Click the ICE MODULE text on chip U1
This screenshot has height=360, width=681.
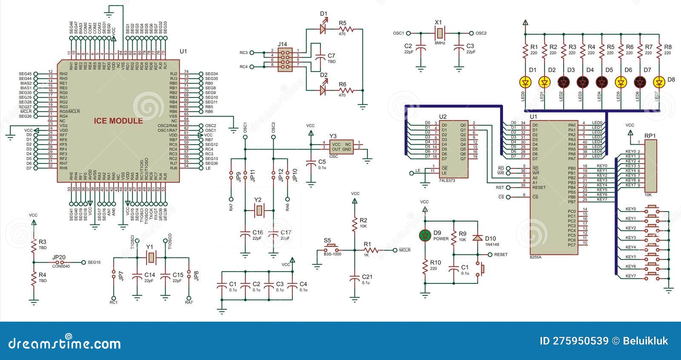click(x=118, y=121)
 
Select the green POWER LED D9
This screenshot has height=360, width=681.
click(x=424, y=235)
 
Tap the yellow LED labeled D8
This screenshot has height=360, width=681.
click(x=659, y=82)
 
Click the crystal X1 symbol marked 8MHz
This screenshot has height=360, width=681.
click(x=440, y=33)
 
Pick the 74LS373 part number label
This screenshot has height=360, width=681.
click(x=447, y=180)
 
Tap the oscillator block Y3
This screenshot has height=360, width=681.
click(x=341, y=147)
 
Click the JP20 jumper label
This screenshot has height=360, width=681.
click(x=59, y=257)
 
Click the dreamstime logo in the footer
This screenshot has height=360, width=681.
click(x=65, y=343)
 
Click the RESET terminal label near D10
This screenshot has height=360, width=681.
click(x=501, y=254)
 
